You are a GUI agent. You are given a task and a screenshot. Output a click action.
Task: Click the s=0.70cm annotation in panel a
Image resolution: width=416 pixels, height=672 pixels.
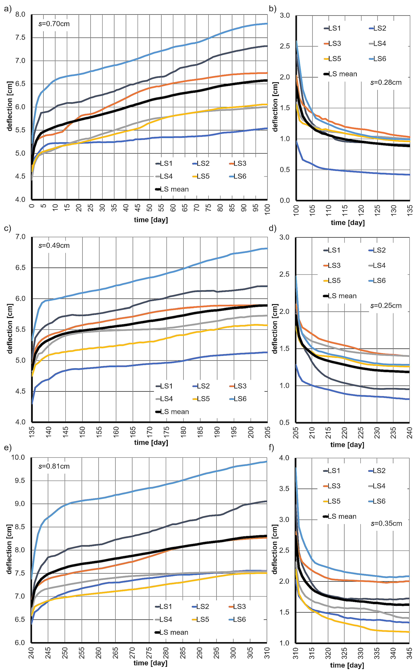pyautogui.click(x=54, y=24)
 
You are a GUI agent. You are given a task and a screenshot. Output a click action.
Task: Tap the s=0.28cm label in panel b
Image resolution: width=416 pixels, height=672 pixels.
pyautogui.click(x=386, y=82)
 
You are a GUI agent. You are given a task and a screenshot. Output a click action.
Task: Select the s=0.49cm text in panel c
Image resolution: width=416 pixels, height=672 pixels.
pyautogui.click(x=54, y=245)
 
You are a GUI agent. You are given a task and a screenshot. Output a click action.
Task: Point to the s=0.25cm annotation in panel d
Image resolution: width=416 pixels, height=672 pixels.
pyautogui.click(x=386, y=306)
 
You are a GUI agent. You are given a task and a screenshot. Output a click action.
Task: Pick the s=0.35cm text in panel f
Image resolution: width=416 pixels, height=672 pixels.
pyautogui.click(x=386, y=523)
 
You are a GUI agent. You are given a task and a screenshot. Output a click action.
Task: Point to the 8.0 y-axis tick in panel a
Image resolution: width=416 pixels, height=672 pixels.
pyautogui.click(x=20, y=14)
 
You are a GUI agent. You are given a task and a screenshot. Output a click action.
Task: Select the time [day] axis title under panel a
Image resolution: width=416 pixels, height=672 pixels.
pyautogui.click(x=151, y=220)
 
